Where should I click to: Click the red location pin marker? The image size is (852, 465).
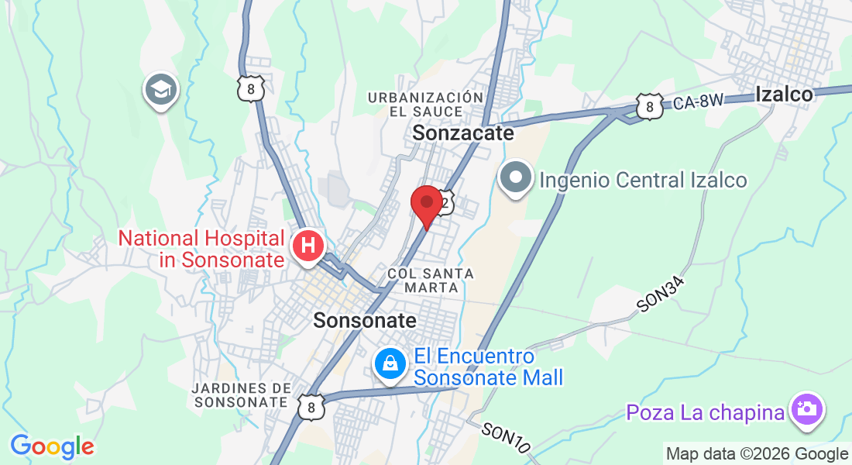426,204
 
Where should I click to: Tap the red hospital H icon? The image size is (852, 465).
307,246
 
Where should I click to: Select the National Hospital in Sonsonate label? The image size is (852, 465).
201,249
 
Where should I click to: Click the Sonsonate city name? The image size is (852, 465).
365,320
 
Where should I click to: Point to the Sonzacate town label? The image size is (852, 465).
463,133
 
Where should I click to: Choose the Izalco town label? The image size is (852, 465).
784,95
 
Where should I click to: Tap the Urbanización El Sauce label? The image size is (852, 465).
426,104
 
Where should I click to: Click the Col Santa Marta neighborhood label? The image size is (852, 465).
431,280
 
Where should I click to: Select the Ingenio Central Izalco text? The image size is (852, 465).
643,181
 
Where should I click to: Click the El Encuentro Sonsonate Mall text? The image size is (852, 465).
488,367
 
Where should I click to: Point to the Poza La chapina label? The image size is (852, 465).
705,413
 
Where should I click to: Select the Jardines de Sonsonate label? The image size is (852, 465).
242,394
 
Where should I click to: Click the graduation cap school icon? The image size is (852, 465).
161,90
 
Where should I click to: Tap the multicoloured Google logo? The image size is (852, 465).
52,446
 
